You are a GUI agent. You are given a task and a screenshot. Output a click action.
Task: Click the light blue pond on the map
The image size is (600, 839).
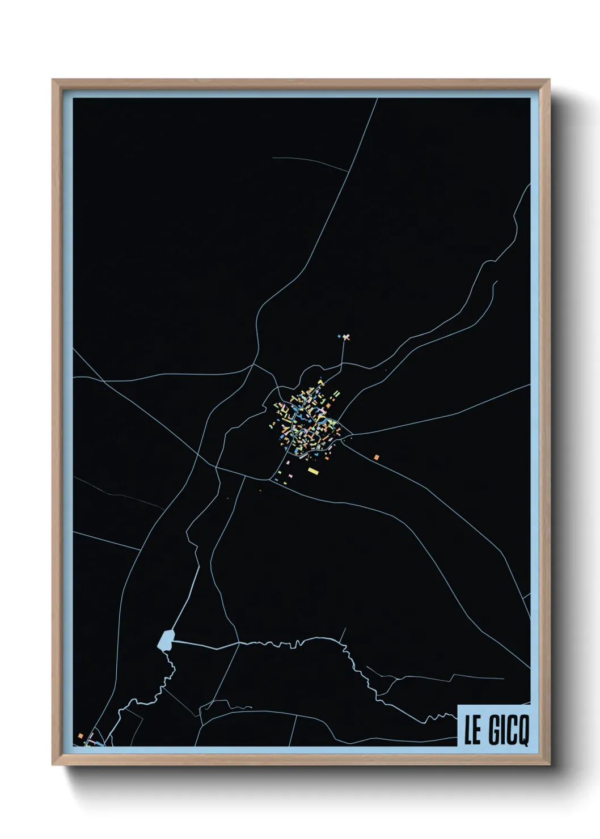point(166,640)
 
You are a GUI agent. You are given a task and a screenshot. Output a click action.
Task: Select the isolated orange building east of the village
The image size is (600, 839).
point(376,457)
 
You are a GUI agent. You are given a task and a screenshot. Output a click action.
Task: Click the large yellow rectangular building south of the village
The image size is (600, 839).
point(313,471)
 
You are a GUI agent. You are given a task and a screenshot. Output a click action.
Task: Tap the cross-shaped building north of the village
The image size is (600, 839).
point(346,337)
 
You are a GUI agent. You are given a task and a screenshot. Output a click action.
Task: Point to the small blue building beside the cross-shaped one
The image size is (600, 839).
point(340,337)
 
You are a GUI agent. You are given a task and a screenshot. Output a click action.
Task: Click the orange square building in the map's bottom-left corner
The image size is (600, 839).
point(81,736)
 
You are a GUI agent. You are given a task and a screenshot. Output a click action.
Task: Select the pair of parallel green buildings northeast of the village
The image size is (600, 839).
point(337,393)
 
